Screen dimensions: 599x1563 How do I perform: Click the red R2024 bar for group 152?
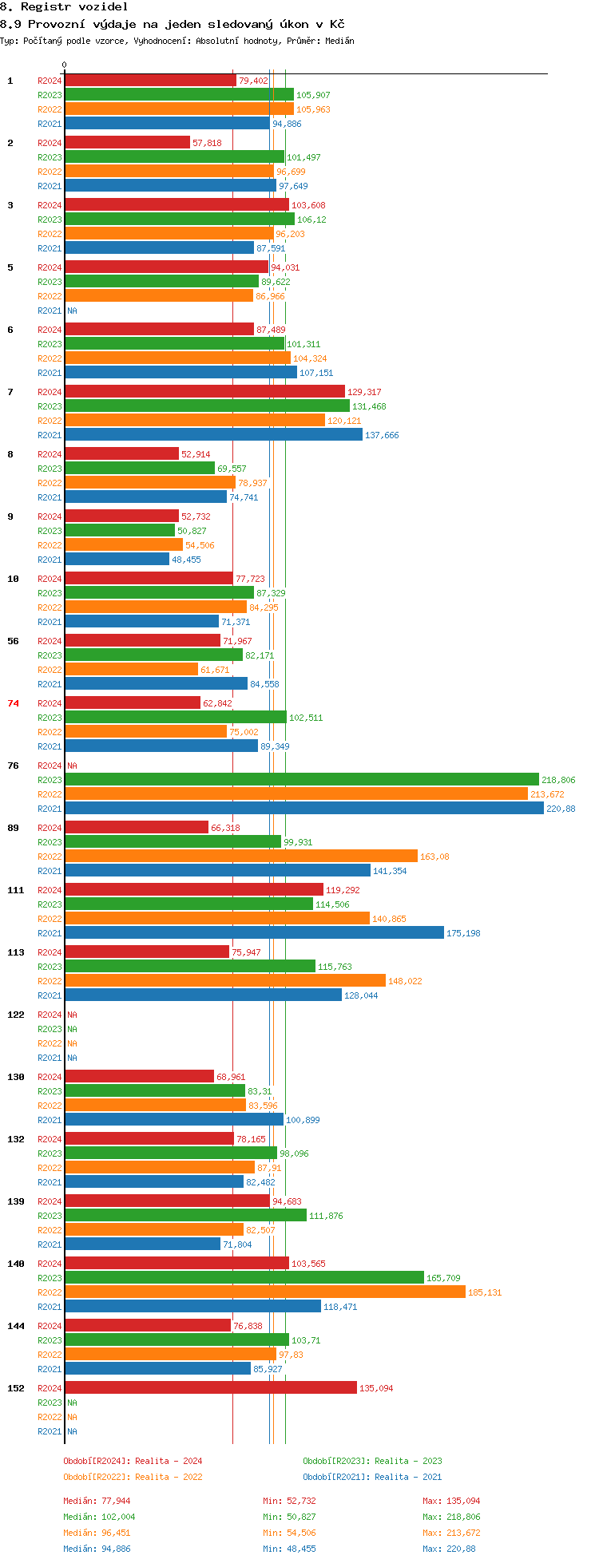(x=211, y=1388)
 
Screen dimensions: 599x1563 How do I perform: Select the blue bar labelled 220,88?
(x=304, y=809)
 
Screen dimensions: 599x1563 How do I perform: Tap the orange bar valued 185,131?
(x=265, y=1292)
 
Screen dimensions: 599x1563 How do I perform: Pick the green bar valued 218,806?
(x=302, y=780)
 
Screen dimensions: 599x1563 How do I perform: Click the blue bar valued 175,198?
(x=254, y=933)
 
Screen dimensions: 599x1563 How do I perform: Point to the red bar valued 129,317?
(x=204, y=392)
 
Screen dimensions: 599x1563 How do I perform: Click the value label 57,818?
(x=207, y=144)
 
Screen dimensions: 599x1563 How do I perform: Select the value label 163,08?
(x=434, y=857)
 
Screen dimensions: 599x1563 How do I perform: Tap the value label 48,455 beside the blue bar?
(x=186, y=560)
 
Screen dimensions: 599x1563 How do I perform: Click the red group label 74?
(x=13, y=703)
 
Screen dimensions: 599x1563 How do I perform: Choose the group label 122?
(x=16, y=1015)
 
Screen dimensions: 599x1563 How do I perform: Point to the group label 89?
(x=13, y=828)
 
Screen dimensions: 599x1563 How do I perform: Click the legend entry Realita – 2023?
(x=408, y=1462)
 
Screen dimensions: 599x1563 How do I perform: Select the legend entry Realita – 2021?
(x=408, y=1478)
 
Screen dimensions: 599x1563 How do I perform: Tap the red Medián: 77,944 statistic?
(x=97, y=1502)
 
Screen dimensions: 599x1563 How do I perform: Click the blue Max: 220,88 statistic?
(x=449, y=1549)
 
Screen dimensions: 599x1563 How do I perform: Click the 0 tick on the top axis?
(x=65, y=65)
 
